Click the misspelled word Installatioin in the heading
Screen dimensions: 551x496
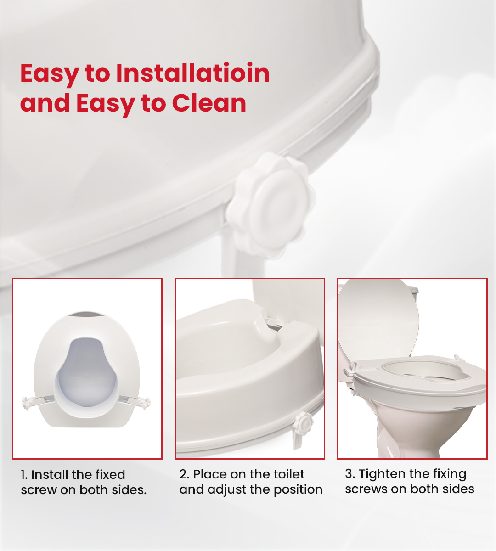point(192,73)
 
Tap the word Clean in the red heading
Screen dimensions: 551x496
point(209,103)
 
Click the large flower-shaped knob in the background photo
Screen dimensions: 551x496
point(274,202)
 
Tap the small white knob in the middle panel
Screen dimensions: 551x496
point(303,421)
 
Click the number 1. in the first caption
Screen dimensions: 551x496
point(24,475)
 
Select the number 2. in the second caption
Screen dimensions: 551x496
point(184,474)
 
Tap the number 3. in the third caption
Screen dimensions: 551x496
point(350,474)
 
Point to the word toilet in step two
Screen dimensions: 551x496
point(289,474)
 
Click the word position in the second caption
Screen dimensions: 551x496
point(298,490)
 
